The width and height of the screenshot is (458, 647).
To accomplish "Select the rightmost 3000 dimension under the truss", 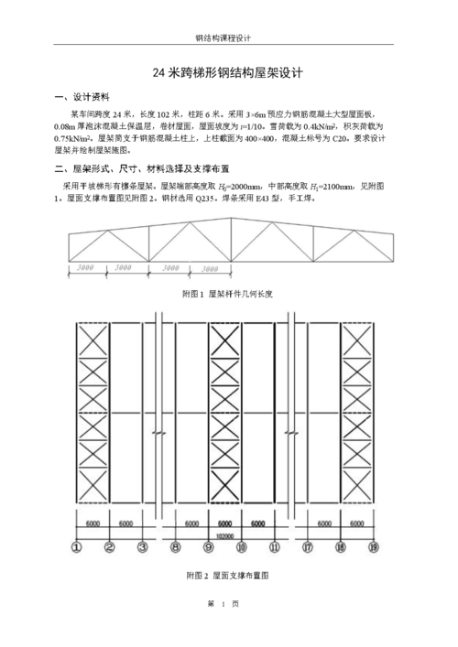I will (x=211, y=269).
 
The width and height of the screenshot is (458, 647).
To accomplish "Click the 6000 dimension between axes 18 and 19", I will (x=357, y=524).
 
